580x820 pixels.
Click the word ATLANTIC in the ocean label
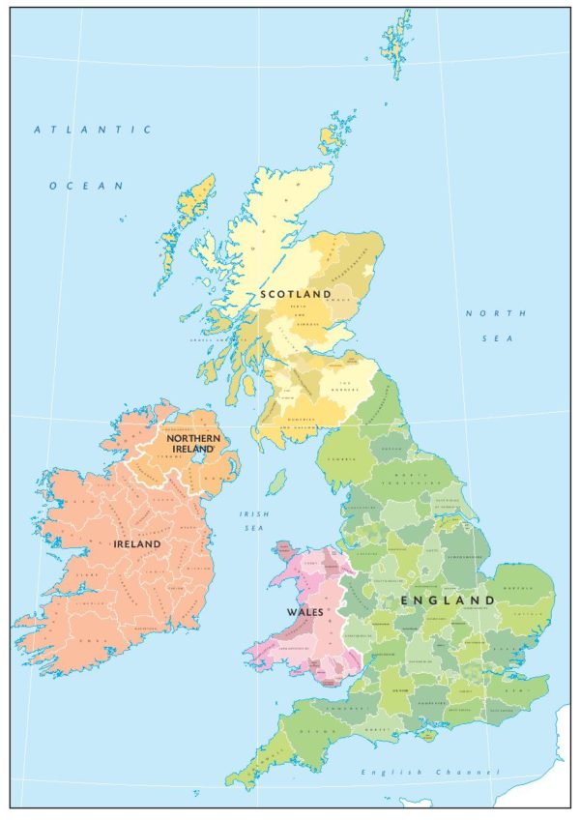point(93,129)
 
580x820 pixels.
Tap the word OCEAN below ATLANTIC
point(87,185)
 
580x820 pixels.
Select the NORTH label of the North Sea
point(508,313)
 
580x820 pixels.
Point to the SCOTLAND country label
point(295,293)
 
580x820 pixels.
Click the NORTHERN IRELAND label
point(193,444)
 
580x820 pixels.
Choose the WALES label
point(303,612)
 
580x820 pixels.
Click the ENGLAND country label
point(448,600)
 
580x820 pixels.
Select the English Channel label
point(430,772)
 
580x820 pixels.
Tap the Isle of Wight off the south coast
point(426,738)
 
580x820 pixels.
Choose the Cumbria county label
point(343,457)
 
